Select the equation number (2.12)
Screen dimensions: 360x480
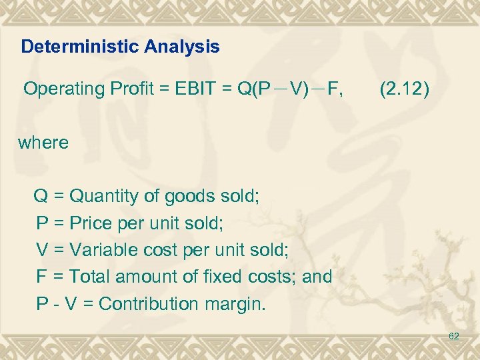[405, 89]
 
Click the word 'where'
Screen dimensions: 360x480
[43, 143]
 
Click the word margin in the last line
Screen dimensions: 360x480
[239, 305]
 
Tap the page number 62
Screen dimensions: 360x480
[453, 337]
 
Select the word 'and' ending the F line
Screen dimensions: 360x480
[317, 277]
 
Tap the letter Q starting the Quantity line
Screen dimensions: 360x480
[41, 197]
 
